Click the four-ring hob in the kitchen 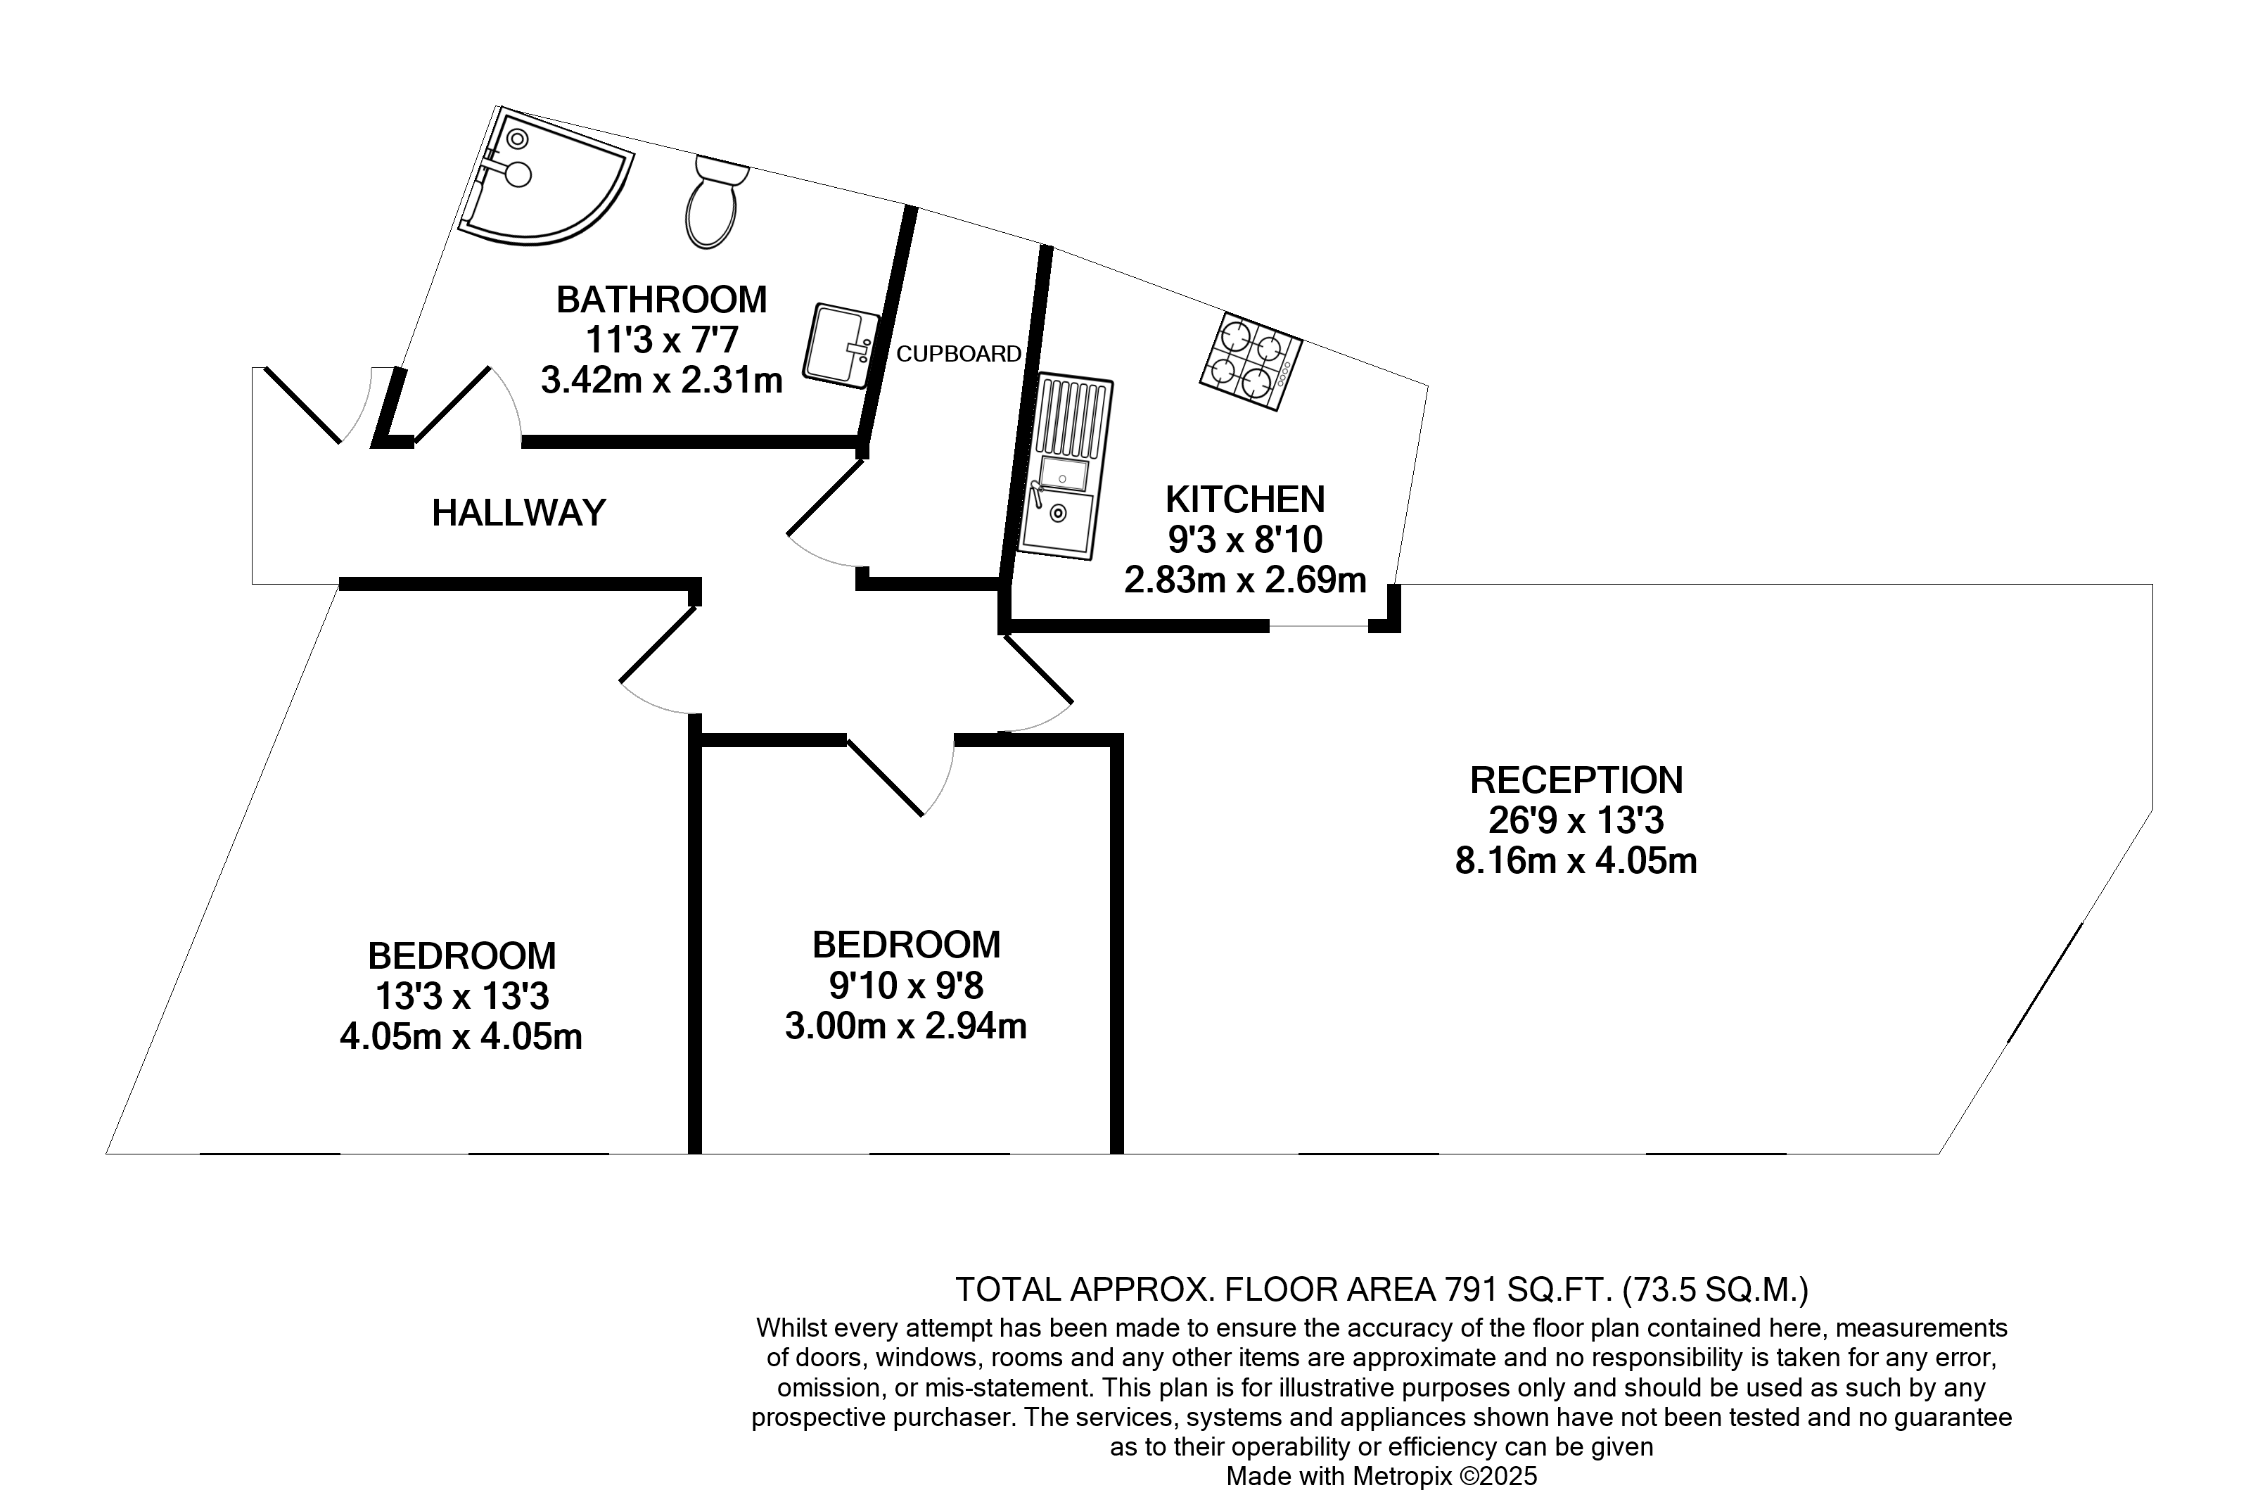[x=1251, y=363]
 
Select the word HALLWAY [x=518, y=514]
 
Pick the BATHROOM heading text [x=661, y=300]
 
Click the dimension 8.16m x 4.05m [x=1576, y=861]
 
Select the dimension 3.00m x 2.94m [x=905, y=1026]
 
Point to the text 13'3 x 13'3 [x=461, y=996]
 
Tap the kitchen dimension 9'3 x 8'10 [x=1244, y=540]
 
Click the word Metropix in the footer [x=1401, y=1476]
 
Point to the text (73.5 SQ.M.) [x=1715, y=1290]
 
